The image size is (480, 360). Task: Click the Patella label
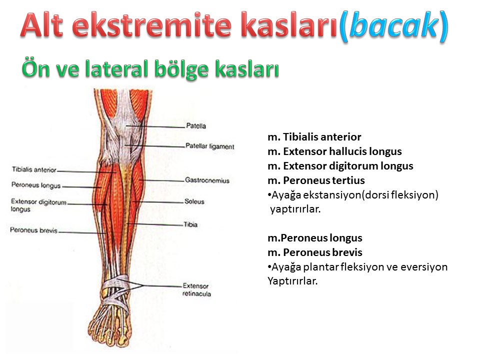[x=196, y=126]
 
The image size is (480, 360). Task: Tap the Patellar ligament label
[x=209, y=146]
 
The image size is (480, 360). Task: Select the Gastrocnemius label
[x=207, y=180]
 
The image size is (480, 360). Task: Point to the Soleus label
[x=194, y=201]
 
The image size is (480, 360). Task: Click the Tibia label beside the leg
[x=190, y=224]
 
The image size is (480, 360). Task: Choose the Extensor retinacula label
[x=196, y=289]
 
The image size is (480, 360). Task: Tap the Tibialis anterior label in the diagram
[x=34, y=169]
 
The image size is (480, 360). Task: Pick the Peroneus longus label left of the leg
[x=36, y=185]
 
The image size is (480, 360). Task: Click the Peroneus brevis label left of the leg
[x=33, y=230]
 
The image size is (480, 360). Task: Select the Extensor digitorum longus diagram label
[x=38, y=205]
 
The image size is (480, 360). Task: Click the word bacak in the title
[x=394, y=25]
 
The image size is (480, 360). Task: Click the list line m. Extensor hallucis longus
[x=334, y=151]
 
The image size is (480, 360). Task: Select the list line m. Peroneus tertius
[x=316, y=180]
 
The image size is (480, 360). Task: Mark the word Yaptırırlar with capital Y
[x=292, y=280]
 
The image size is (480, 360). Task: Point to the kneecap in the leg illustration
[x=125, y=126]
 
